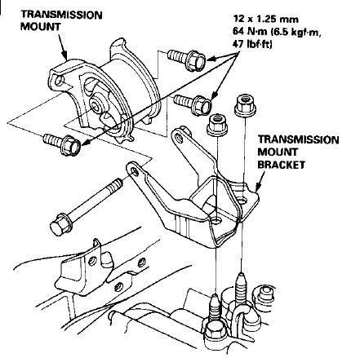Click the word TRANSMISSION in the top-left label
[x=61, y=15]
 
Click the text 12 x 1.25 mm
[x=265, y=19]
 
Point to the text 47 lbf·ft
[x=252, y=44]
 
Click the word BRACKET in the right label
[x=281, y=165]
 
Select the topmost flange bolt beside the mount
[x=186, y=60]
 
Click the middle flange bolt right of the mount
[x=193, y=104]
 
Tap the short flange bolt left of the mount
[x=62, y=143]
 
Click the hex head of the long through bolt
[x=60, y=223]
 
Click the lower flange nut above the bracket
[x=217, y=125]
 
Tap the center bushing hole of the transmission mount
[x=96, y=104]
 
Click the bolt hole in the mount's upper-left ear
[x=59, y=80]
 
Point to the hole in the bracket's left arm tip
[x=135, y=171]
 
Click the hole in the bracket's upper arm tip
[x=179, y=138]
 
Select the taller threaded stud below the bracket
[x=241, y=288]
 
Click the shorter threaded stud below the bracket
[x=215, y=307]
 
